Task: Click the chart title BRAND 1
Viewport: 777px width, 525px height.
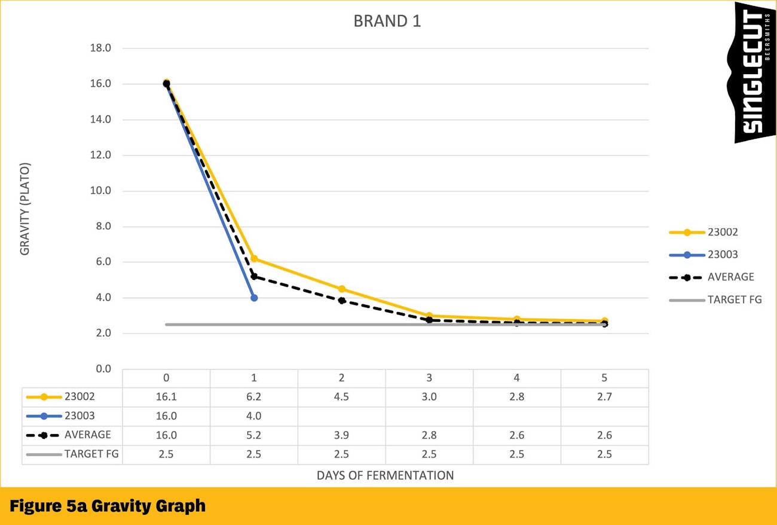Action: tap(387, 21)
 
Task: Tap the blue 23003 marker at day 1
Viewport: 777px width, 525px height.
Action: tap(254, 298)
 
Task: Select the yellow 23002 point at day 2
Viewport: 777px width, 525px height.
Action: tap(342, 289)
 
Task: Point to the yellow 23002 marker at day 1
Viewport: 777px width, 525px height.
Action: tap(254, 259)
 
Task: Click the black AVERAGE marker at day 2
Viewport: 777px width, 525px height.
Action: tap(342, 300)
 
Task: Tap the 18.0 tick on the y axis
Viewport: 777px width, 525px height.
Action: tap(100, 48)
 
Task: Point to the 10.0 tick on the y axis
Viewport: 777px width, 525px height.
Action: tap(100, 191)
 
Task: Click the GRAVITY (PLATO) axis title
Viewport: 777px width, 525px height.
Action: tap(25, 209)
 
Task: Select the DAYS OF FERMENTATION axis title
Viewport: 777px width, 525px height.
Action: tap(385, 476)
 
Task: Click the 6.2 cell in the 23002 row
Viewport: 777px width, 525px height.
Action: tap(254, 397)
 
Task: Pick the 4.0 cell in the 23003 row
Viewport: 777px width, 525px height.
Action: tap(254, 416)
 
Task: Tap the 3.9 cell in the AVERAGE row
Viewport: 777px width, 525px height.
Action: tap(342, 435)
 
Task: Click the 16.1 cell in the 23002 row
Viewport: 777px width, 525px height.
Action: tap(166, 397)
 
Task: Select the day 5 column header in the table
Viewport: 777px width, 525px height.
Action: tap(604, 378)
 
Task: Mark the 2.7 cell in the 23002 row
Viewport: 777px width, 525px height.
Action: tap(604, 397)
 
